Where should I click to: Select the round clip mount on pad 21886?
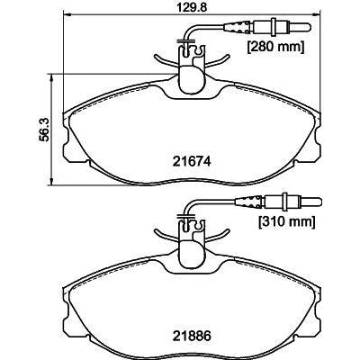190,250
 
